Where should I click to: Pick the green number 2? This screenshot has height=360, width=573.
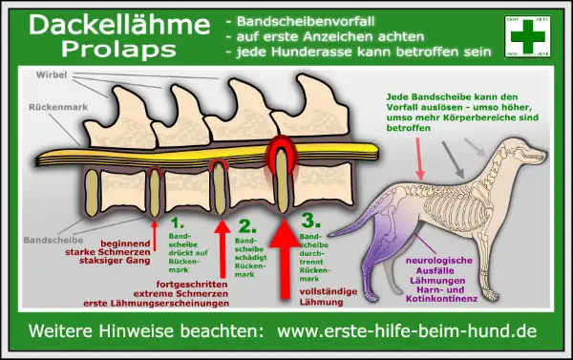pyautogui.click(x=247, y=226)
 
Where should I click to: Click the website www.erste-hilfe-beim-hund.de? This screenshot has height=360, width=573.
pyautogui.click(x=407, y=333)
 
